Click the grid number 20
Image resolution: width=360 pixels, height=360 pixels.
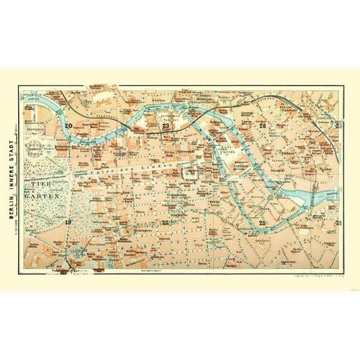(x=67, y=126)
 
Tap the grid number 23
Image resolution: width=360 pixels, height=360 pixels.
(x=166, y=126)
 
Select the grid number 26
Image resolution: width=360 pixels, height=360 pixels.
(x=263, y=126)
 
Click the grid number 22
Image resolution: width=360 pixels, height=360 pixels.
(x=166, y=222)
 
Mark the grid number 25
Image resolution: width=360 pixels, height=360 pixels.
(x=263, y=222)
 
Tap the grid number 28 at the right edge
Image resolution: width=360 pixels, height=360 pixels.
(x=338, y=222)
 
